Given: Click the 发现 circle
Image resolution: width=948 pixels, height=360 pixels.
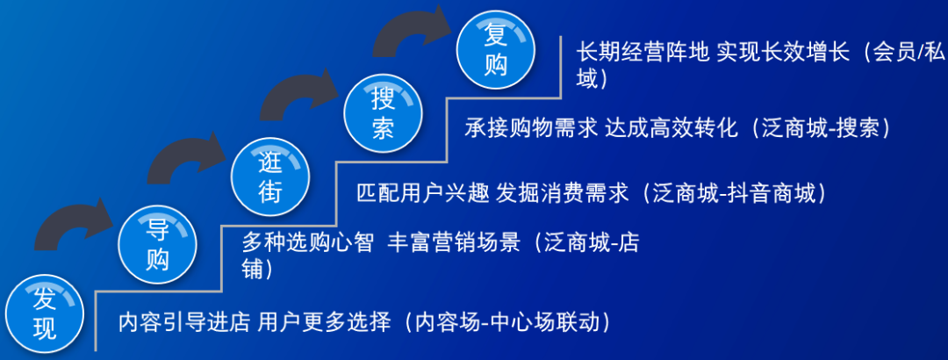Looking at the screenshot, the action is click(45, 314).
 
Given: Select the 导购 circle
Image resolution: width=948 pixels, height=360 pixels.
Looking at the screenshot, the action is click(158, 245).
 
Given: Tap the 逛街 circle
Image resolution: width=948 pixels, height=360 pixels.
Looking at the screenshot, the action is click(270, 176).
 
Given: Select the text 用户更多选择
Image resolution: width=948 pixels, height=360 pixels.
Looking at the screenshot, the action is click(323, 321).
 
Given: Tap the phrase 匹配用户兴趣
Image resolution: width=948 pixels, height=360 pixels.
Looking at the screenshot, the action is click(422, 194).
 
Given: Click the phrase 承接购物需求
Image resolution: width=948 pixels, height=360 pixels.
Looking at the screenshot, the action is click(531, 127).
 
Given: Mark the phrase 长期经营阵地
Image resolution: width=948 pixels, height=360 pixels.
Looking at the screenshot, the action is click(642, 52).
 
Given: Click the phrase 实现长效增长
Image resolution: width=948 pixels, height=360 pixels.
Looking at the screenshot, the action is click(781, 52).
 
